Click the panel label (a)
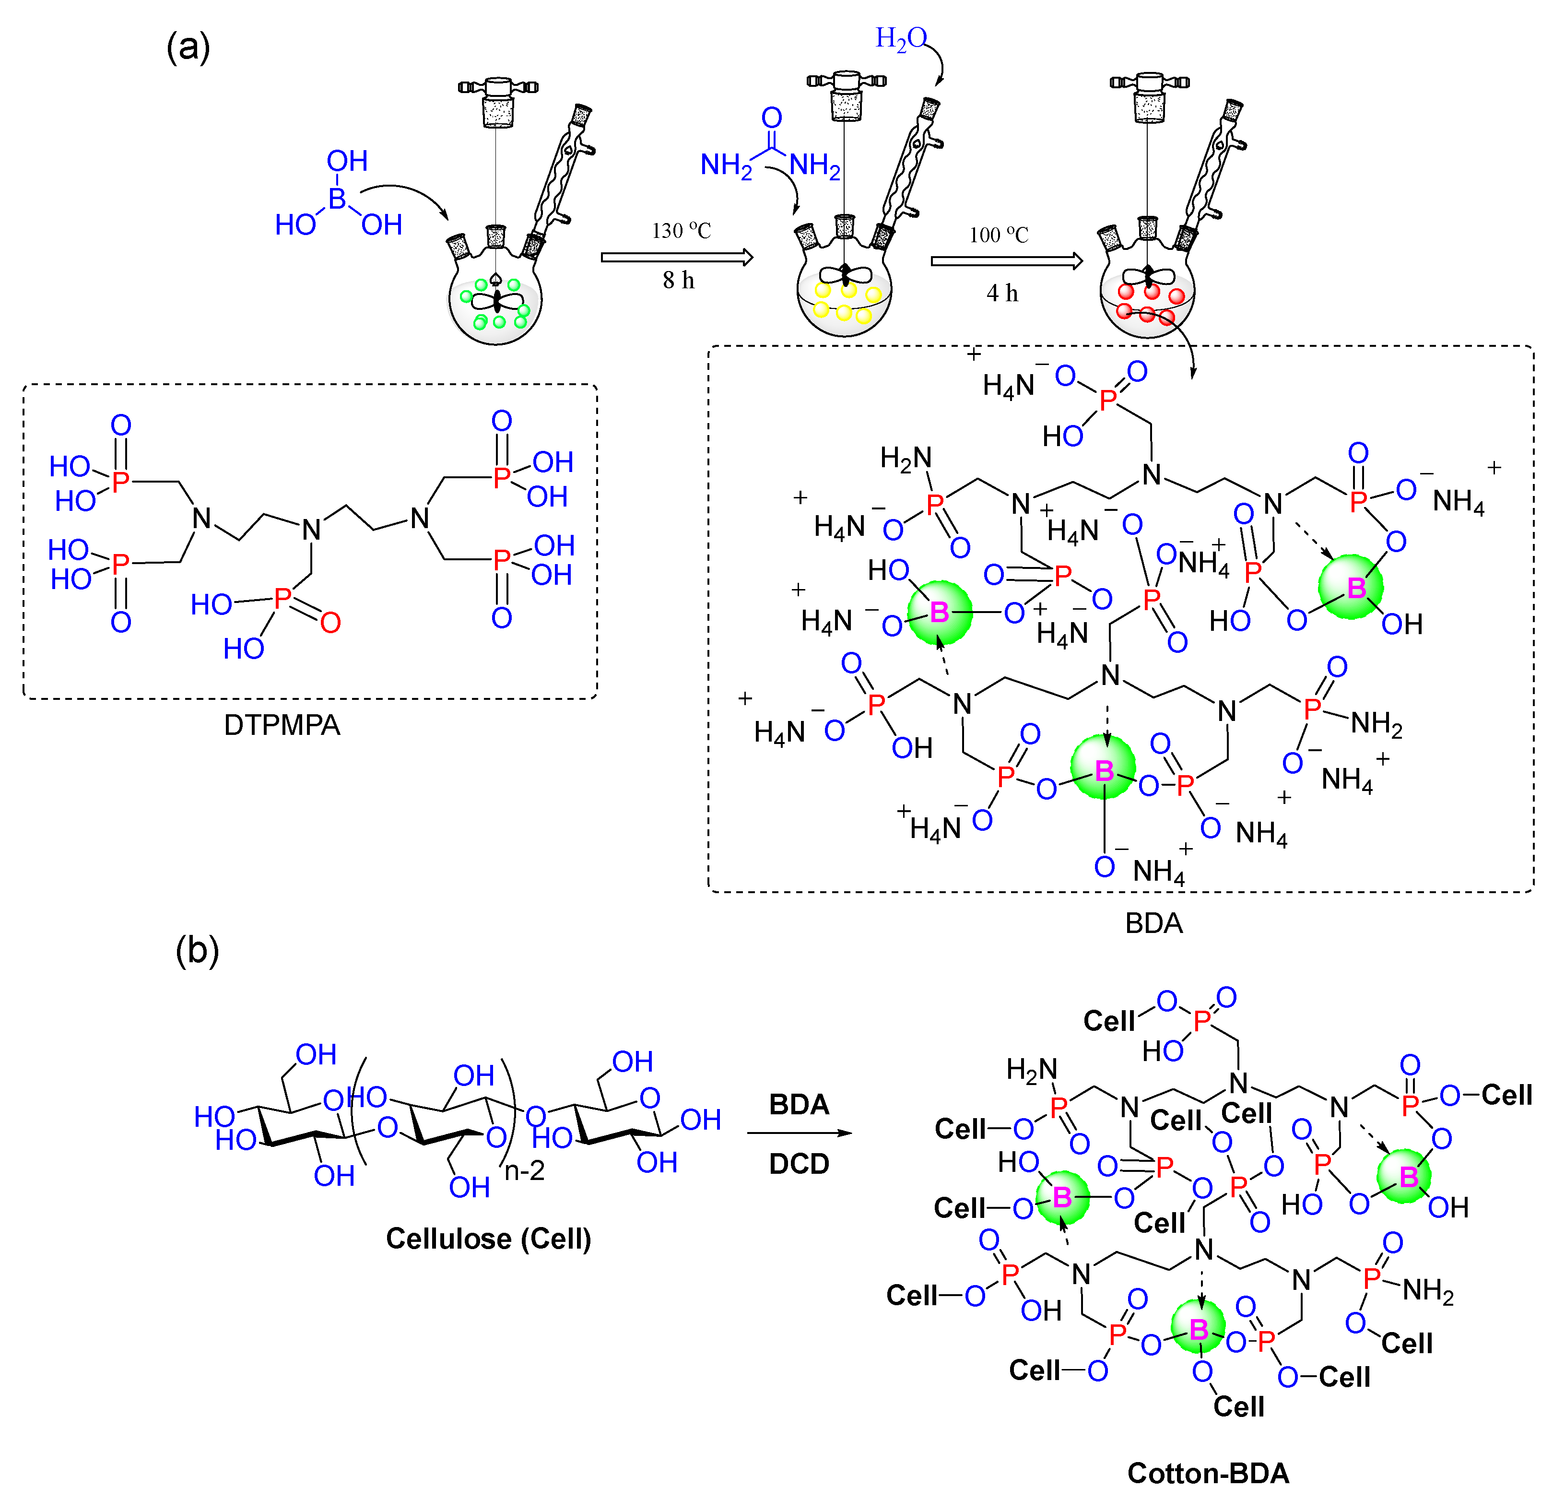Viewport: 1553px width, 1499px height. [x=188, y=48]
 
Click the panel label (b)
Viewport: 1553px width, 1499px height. [x=197, y=950]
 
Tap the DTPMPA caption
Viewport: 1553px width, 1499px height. [x=282, y=725]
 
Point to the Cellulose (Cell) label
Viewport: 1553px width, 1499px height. [x=488, y=1239]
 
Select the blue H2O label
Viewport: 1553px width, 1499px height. [x=900, y=38]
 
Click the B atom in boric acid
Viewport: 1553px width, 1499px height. [x=338, y=198]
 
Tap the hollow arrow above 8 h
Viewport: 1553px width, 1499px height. [x=677, y=258]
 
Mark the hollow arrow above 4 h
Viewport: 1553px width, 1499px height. [x=1006, y=261]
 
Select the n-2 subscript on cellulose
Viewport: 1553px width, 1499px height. [x=525, y=1170]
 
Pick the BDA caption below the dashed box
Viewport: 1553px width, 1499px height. [x=1153, y=923]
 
